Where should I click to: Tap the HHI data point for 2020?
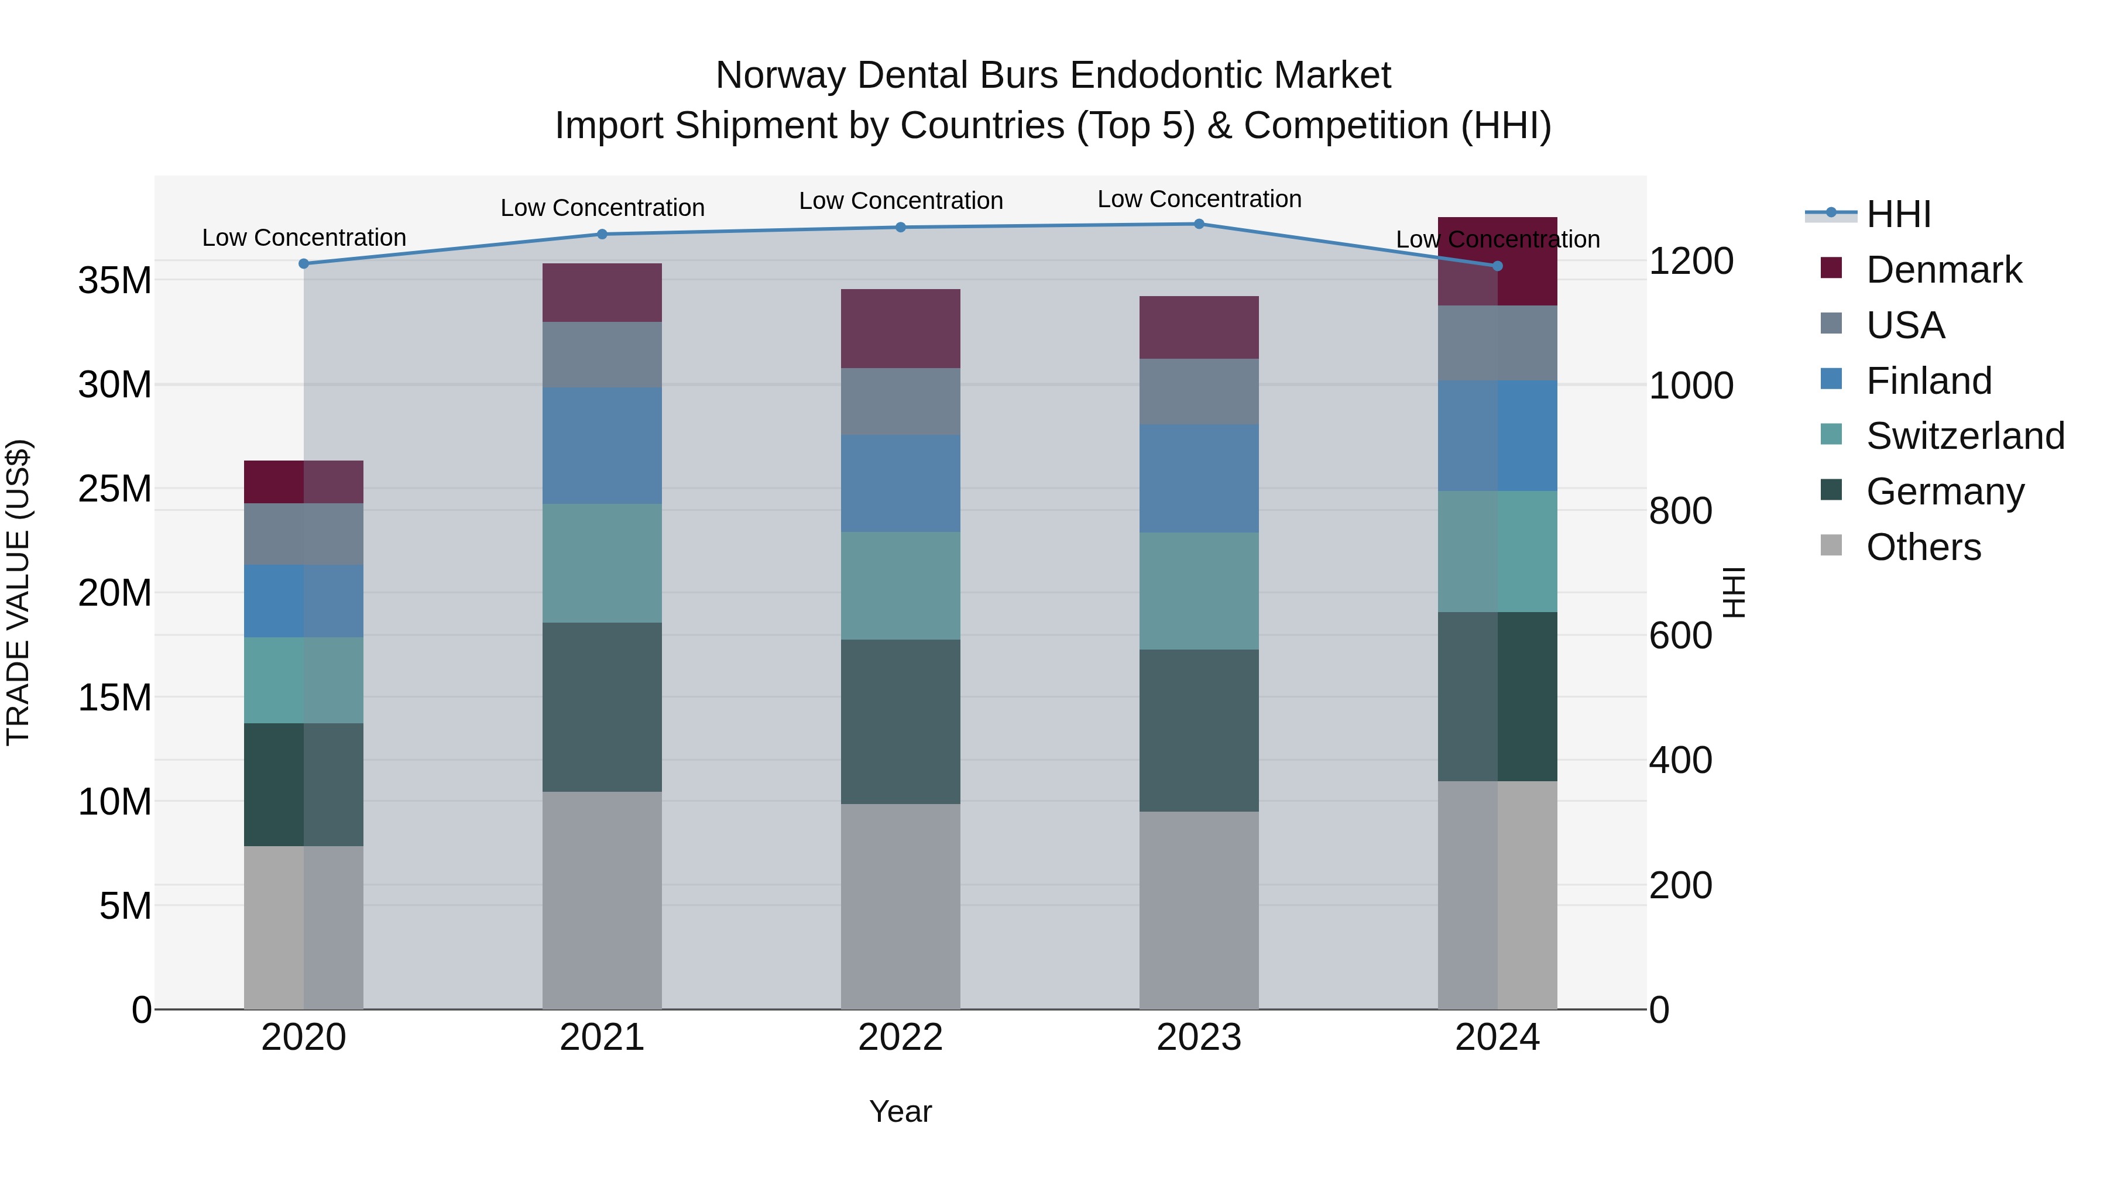coord(303,264)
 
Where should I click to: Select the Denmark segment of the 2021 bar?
coord(602,293)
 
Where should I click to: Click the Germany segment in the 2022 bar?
coord(901,722)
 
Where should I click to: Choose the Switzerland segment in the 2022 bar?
coord(901,586)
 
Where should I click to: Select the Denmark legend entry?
coord(1943,270)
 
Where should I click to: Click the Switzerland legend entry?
coord(1965,436)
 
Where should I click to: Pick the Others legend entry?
coord(1923,547)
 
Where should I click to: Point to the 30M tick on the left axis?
coord(115,384)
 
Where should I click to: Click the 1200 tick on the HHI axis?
coord(1691,262)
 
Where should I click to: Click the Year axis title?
coord(901,1111)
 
